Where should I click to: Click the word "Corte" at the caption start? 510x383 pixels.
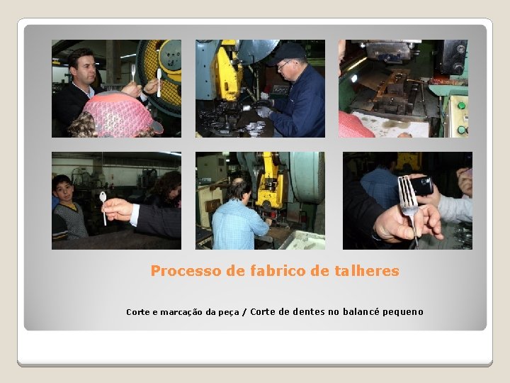(137, 312)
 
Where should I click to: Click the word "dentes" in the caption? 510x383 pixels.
(308, 311)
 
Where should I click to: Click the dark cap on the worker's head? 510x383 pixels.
(288, 52)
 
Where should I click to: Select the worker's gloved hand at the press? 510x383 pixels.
(263, 111)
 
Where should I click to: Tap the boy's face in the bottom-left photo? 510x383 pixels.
(64, 191)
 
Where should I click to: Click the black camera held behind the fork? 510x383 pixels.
(421, 186)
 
